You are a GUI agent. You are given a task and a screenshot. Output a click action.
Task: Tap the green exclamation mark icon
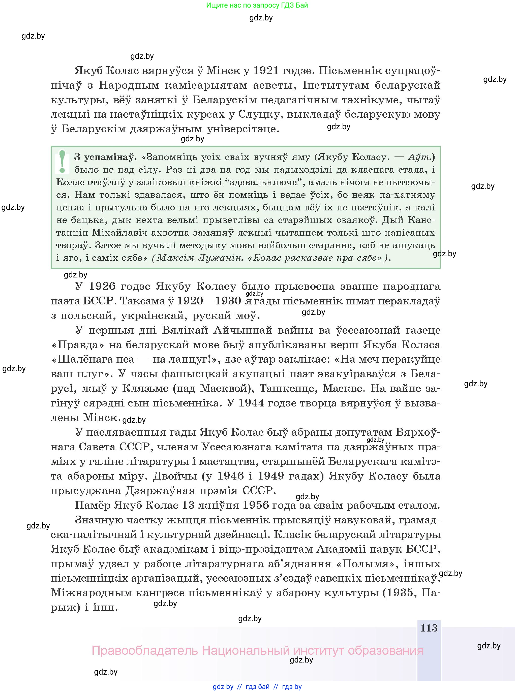(x=62, y=162)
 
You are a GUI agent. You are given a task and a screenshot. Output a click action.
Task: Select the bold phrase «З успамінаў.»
(x=105, y=157)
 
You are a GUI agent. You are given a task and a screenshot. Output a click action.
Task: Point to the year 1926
(x=102, y=286)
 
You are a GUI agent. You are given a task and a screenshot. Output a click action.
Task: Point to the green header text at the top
(x=257, y=5)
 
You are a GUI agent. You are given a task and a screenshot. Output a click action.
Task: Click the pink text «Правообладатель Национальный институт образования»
(x=257, y=651)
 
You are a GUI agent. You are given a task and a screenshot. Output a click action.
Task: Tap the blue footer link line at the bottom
(x=257, y=686)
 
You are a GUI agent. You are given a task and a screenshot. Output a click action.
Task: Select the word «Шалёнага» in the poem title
(x=93, y=359)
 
